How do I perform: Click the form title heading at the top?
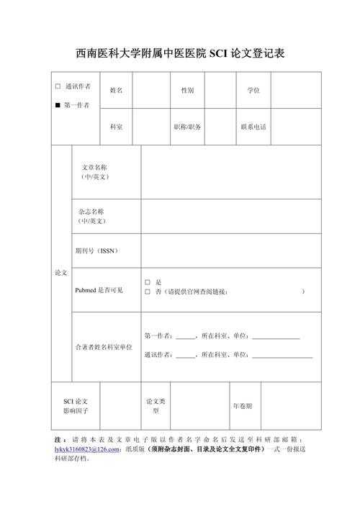tap(180, 54)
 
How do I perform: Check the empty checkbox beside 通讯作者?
tap(58, 86)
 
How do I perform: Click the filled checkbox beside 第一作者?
tap(58, 106)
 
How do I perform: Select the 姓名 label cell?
tap(116, 91)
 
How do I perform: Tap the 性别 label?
tap(187, 91)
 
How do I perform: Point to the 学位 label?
tap(253, 91)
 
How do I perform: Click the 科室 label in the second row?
tap(116, 127)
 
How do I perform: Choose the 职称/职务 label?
tap(187, 127)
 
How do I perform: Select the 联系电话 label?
tap(253, 127)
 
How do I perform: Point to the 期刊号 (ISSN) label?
tap(96, 251)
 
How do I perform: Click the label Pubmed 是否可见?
tap(99, 290)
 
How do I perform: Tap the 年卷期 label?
tap(242, 406)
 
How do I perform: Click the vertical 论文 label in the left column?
tap(60, 274)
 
